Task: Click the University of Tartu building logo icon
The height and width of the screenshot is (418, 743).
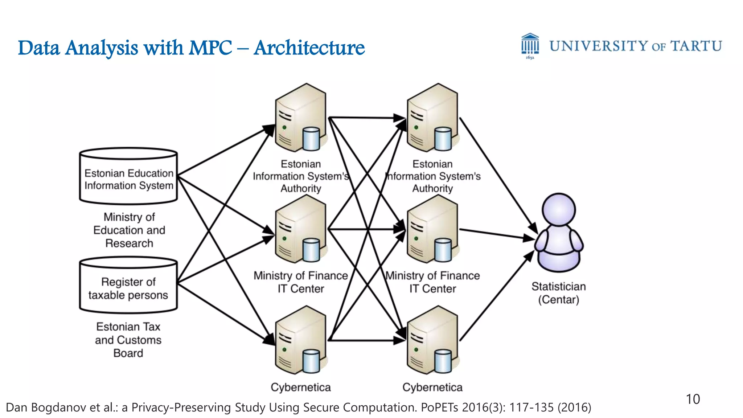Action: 530,45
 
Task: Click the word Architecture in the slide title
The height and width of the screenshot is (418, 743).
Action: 309,48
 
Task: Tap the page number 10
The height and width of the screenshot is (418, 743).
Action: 693,399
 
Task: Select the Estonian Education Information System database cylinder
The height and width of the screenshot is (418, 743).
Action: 128,176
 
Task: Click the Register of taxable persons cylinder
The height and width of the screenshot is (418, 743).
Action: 128,286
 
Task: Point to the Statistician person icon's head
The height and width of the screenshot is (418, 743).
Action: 559,209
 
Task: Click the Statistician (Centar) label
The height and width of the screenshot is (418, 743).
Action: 559,293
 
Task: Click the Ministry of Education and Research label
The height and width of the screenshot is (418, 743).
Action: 129,230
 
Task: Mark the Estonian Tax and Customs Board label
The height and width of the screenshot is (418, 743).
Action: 128,340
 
